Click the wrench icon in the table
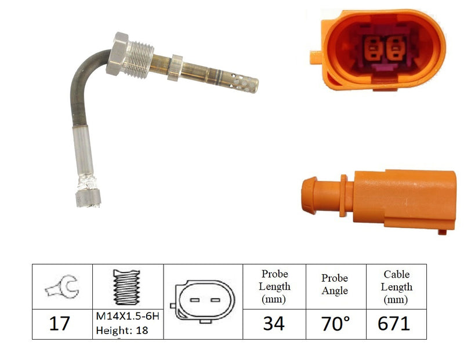[62, 286]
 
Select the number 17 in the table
[60, 323]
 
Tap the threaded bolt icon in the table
[126, 287]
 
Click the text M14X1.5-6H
[128, 316]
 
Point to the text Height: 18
[122, 330]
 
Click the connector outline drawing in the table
[202, 301]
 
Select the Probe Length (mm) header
[274, 286]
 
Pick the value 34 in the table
[274, 323]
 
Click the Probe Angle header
[335, 284]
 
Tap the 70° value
[336, 323]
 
